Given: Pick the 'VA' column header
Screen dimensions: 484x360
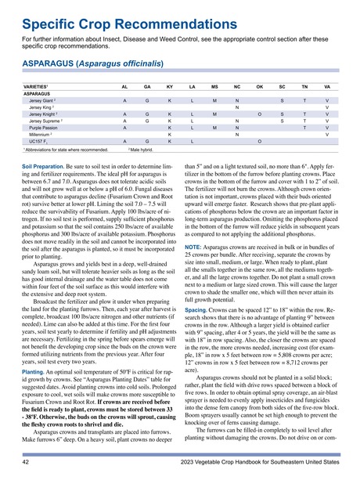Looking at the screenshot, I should pyautogui.click(x=326, y=85).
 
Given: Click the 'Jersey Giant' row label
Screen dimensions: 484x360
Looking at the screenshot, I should pyautogui.click(x=45, y=102).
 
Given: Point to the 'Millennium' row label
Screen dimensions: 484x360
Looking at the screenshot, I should pyautogui.click(x=41, y=136).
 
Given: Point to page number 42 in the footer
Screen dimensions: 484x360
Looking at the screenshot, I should pyautogui.click(x=25, y=464).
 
